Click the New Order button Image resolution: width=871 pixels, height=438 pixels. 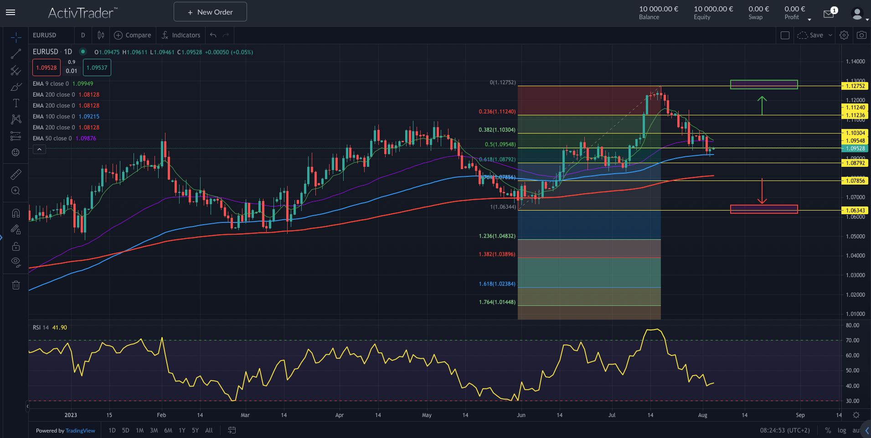click(210, 12)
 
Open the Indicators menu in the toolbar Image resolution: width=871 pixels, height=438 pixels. click(181, 35)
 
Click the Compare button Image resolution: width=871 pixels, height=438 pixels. click(133, 35)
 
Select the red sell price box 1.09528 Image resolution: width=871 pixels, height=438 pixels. click(46, 68)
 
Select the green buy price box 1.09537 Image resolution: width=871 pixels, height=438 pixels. click(97, 68)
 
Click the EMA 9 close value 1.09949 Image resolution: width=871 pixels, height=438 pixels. click(82, 84)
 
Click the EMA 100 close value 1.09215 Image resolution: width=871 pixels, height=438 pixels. click(89, 117)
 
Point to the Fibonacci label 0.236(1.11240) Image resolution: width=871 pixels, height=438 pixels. click(497, 112)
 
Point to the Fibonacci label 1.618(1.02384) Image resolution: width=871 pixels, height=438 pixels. click(497, 284)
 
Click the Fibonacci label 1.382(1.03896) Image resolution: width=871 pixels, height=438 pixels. click(497, 254)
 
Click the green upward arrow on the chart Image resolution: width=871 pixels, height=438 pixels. click(762, 105)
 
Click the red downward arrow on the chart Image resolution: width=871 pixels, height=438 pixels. click(762, 191)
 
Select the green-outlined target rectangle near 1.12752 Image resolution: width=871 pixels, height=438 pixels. click(764, 84)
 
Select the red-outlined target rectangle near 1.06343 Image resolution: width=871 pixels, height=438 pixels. click(764, 209)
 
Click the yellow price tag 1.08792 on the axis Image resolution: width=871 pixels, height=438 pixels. click(855, 163)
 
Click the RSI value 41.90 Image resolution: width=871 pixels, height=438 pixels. click(59, 328)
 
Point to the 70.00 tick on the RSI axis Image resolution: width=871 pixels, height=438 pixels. click(852, 340)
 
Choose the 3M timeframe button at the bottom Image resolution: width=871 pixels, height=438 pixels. click(154, 430)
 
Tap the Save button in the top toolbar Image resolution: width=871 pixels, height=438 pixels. click(816, 35)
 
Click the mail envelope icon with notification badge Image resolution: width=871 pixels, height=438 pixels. click(829, 14)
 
